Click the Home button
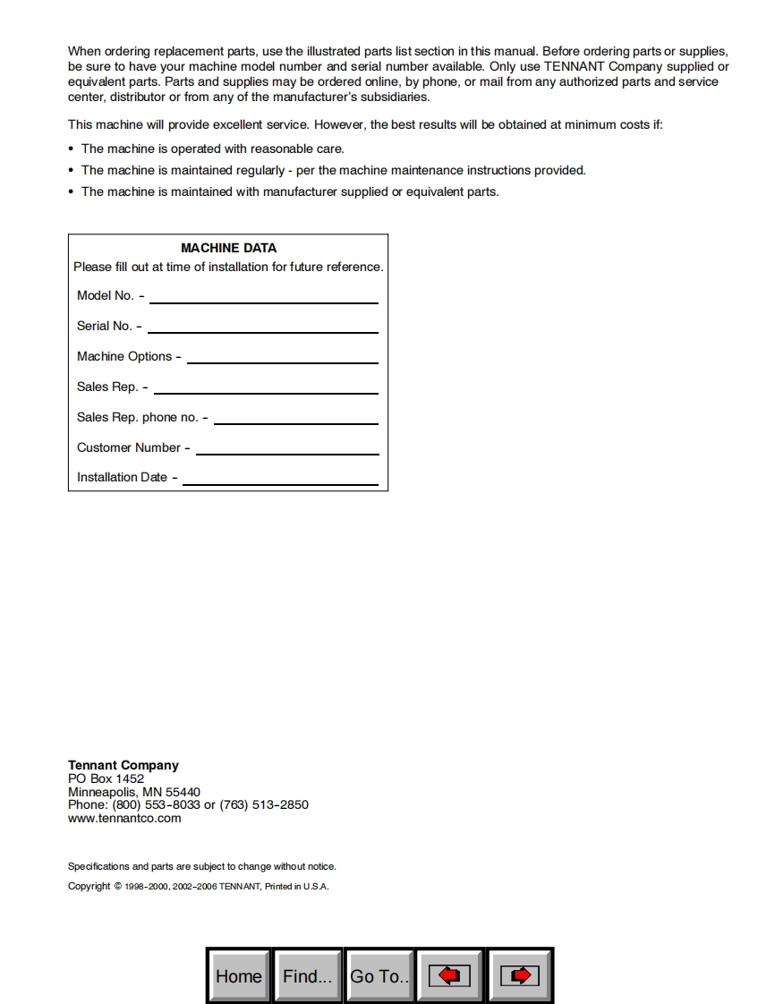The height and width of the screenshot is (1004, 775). coord(239,975)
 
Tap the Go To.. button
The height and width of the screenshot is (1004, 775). coord(379,975)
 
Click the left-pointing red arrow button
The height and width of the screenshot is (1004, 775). coord(450,975)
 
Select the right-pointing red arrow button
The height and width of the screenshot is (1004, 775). coord(520,975)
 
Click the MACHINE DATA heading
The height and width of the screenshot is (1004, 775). coord(228,248)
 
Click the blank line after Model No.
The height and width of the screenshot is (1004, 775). coord(263,302)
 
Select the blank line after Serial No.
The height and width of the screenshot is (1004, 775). coord(262,332)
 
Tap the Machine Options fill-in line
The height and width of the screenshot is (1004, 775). coord(282,362)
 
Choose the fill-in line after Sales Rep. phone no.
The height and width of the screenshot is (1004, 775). coord(295,423)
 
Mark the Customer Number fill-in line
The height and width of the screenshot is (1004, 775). coord(286,454)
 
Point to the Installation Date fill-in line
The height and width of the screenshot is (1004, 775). coord(279,484)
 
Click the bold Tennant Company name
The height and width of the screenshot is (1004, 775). coord(123,765)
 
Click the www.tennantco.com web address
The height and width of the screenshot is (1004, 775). coord(124,818)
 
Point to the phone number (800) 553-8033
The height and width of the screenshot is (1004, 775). coord(157,804)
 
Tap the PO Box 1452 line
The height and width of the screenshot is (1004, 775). coord(106,779)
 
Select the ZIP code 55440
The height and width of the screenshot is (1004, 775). coord(183,792)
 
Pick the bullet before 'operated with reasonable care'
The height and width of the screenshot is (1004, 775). coord(72,149)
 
